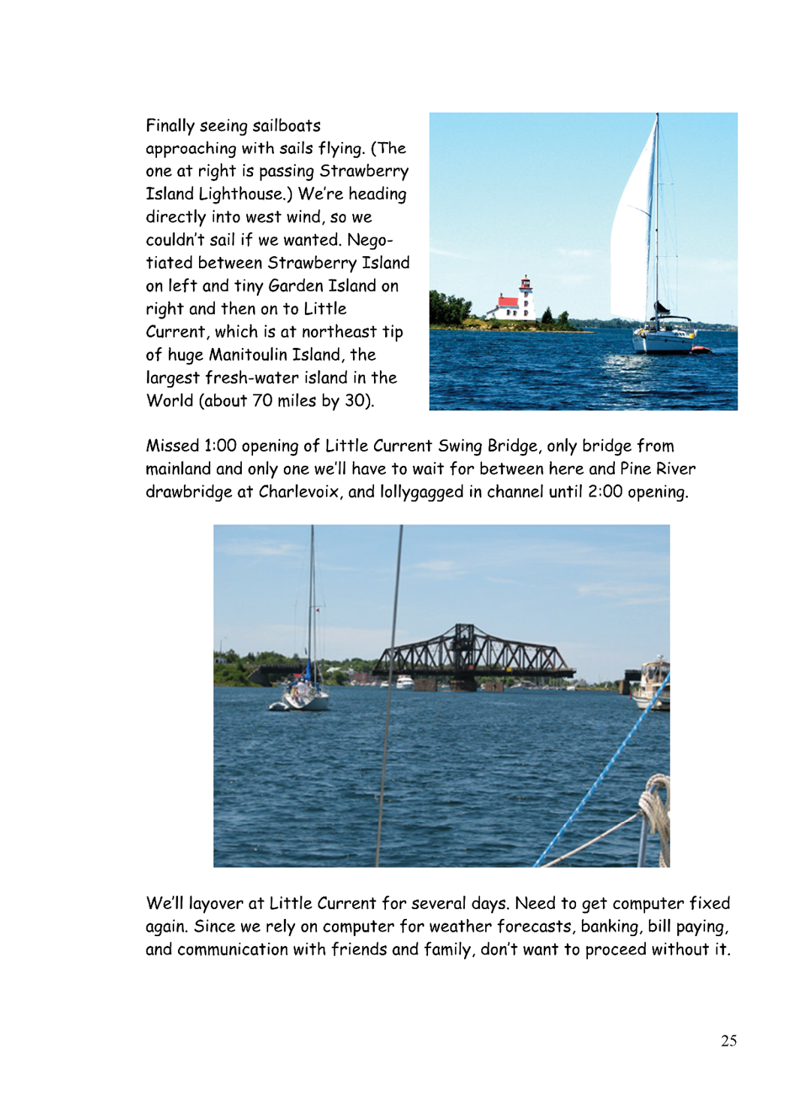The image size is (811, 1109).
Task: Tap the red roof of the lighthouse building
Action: pyautogui.click(x=507, y=302)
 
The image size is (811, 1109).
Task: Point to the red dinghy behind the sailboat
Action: pyautogui.click(x=700, y=349)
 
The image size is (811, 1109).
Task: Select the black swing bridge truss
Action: pyautogui.click(x=473, y=652)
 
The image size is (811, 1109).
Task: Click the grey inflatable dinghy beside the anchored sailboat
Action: pyautogui.click(x=279, y=706)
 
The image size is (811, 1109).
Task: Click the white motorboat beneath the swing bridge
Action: pyautogui.click(x=404, y=682)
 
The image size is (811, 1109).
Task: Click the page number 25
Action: pyautogui.click(x=728, y=1041)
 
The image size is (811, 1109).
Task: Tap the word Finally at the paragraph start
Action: pyautogui.click(x=170, y=125)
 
